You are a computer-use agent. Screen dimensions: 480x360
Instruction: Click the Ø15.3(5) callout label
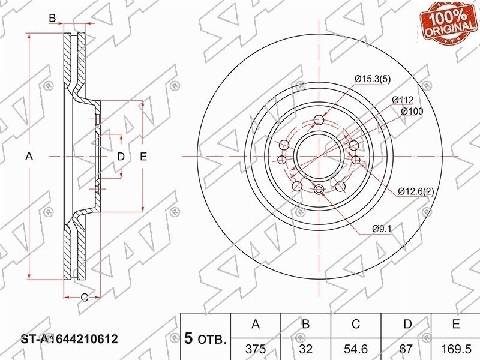373,79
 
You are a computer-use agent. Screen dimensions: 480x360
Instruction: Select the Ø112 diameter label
403,100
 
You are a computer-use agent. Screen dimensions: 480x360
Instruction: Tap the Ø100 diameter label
412,111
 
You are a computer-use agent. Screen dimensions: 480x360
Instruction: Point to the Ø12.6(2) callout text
416,191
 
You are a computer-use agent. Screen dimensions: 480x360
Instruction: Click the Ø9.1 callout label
382,229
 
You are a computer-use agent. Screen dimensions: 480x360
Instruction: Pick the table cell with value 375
256,349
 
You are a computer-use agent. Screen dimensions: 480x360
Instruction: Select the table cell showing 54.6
356,349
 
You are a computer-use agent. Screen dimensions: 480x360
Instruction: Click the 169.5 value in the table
456,349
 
